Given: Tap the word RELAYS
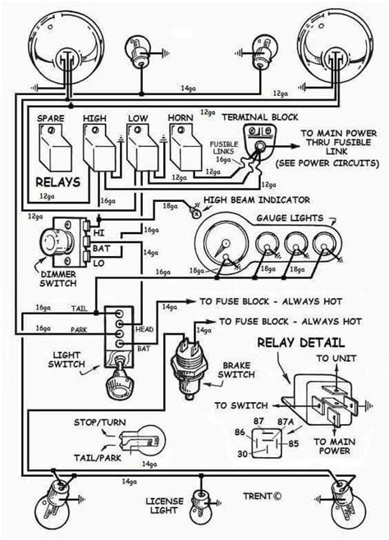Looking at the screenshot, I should coord(57,181).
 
